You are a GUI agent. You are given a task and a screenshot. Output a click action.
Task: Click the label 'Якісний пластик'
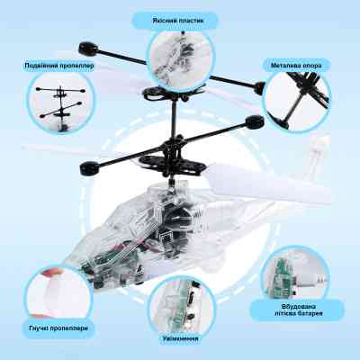[x=177, y=21]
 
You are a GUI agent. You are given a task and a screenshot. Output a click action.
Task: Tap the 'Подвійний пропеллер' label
[x=59, y=66]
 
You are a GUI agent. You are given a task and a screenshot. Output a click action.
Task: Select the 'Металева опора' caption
[x=296, y=66]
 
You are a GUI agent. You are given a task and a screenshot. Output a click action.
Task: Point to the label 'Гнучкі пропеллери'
[x=58, y=328]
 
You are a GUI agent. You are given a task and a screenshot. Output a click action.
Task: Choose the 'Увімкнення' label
[x=180, y=338]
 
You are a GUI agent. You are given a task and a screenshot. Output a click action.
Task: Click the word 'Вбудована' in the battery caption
[x=299, y=307]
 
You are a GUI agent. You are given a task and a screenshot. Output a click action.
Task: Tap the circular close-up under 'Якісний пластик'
[x=181, y=58]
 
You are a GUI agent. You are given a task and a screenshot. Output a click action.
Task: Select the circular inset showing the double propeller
[x=61, y=103]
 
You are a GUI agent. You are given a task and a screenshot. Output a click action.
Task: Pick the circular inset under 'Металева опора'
[x=297, y=101]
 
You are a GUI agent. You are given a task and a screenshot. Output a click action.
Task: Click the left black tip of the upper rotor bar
[x=89, y=49]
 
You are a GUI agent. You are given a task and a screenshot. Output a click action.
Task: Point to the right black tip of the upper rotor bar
[x=259, y=88]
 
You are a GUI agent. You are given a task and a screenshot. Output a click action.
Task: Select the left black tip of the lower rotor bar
[x=89, y=168]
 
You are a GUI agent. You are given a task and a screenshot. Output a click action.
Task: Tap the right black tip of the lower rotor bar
[x=255, y=121]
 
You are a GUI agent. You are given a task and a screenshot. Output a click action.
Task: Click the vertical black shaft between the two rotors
[x=174, y=119]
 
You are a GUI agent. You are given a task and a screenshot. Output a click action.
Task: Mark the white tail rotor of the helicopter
[x=318, y=153]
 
